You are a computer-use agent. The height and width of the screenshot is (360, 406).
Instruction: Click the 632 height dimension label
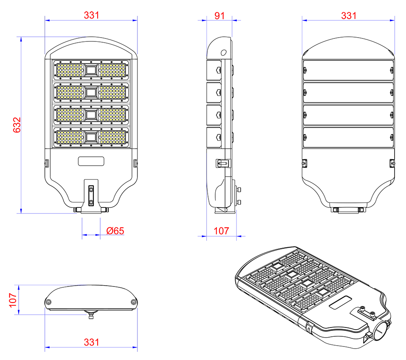(x=17, y=125)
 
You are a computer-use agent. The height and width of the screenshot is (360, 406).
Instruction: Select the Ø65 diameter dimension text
(x=115, y=231)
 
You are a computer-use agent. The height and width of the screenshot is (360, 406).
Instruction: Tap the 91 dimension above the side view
(x=219, y=16)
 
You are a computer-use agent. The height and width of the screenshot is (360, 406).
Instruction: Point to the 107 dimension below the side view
(x=221, y=231)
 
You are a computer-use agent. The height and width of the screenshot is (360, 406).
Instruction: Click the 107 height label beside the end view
(x=13, y=300)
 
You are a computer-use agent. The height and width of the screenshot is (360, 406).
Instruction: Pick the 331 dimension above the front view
(x=91, y=15)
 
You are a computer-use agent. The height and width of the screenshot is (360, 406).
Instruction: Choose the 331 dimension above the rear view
(x=349, y=16)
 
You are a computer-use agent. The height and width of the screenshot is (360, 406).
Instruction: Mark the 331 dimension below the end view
(x=91, y=342)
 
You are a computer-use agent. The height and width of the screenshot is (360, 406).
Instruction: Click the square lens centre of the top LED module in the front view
(x=91, y=70)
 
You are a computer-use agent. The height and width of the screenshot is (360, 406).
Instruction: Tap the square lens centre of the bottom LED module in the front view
(x=91, y=137)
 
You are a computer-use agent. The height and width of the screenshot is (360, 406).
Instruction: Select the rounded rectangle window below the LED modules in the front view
(x=91, y=161)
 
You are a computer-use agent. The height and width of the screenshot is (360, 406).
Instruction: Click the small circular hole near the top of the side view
(x=223, y=53)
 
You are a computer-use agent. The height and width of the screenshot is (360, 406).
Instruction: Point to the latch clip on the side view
(x=223, y=163)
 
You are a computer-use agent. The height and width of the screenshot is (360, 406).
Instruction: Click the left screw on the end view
(x=48, y=302)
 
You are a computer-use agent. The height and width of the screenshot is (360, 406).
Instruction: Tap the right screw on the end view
(x=134, y=302)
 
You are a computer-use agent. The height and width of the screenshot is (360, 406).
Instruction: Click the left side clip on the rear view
(x=304, y=163)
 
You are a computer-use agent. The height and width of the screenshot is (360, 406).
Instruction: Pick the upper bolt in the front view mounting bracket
(x=91, y=190)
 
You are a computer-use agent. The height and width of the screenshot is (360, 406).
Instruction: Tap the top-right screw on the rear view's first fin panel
(x=392, y=70)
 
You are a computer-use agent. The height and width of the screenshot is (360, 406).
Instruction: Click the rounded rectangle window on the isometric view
(x=340, y=303)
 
